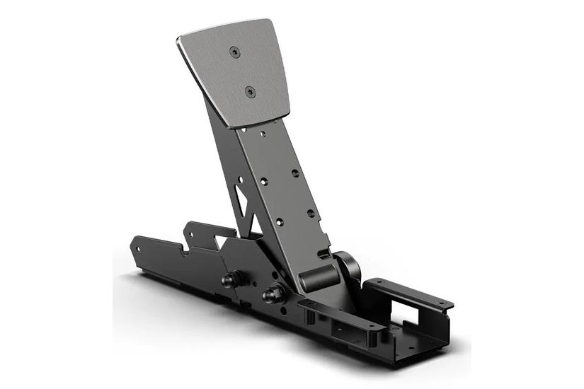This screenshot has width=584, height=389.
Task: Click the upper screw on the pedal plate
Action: tap(234, 51)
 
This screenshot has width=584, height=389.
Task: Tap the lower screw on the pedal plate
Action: tap(249, 91)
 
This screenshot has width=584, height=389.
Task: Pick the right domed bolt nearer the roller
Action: tap(270, 293)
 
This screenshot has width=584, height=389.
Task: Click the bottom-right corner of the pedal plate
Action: tap(286, 113)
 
